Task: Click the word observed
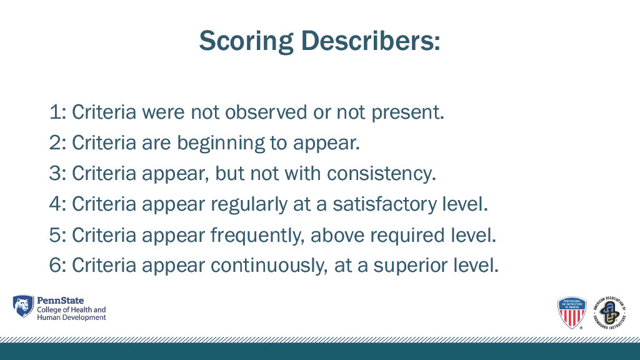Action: pyautogui.click(x=266, y=112)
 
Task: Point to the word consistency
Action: pyautogui.click(x=381, y=174)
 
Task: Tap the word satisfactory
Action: pyautogui.click(x=384, y=204)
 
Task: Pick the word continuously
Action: pyautogui.click(x=269, y=266)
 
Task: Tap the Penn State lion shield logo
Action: pyautogui.click(x=23, y=306)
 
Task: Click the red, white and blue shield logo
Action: pyautogui.click(x=572, y=312)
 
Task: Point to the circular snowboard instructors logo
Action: pyautogui.click(x=610, y=312)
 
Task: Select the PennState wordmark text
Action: pyautogui.click(x=61, y=301)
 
